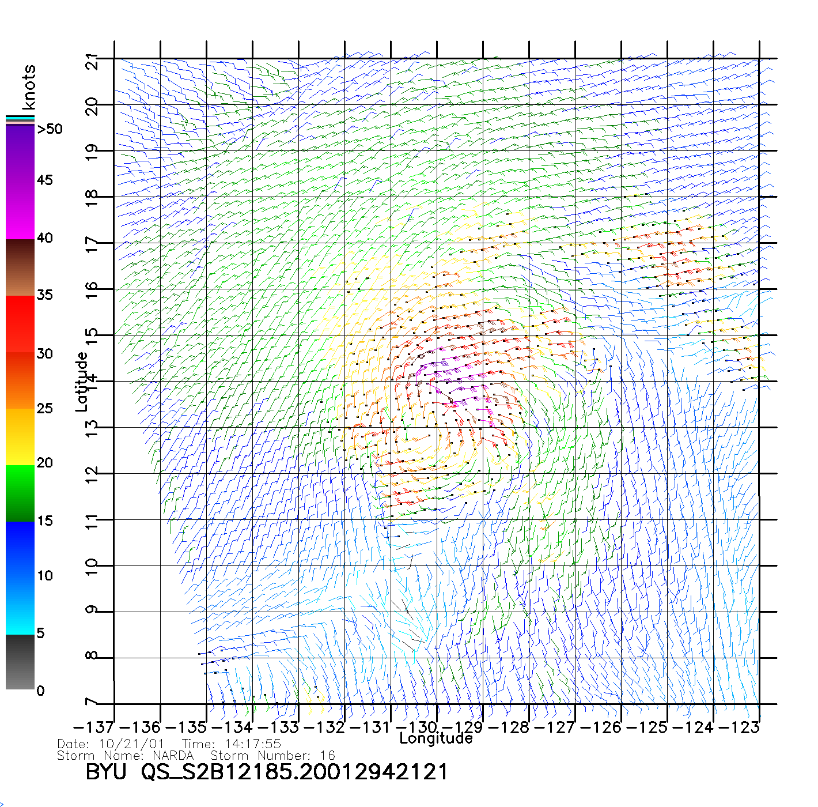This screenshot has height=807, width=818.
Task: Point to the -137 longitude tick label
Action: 93,727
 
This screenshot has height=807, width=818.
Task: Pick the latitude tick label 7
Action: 91,703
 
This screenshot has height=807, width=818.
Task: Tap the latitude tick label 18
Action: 91,197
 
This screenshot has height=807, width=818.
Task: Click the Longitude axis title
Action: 436,738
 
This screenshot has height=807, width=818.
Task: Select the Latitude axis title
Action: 82,382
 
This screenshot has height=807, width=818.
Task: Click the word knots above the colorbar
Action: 28,87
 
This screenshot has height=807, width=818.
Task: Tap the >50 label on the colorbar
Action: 50,129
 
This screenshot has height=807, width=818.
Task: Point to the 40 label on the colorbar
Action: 44,237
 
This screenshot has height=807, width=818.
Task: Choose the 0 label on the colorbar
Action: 40,691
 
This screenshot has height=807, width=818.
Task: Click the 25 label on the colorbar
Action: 44,408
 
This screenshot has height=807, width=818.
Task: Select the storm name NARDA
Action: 173,756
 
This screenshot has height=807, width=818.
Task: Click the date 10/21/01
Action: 132,744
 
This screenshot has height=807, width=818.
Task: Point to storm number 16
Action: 328,756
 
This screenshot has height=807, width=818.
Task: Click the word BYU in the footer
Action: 105,772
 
